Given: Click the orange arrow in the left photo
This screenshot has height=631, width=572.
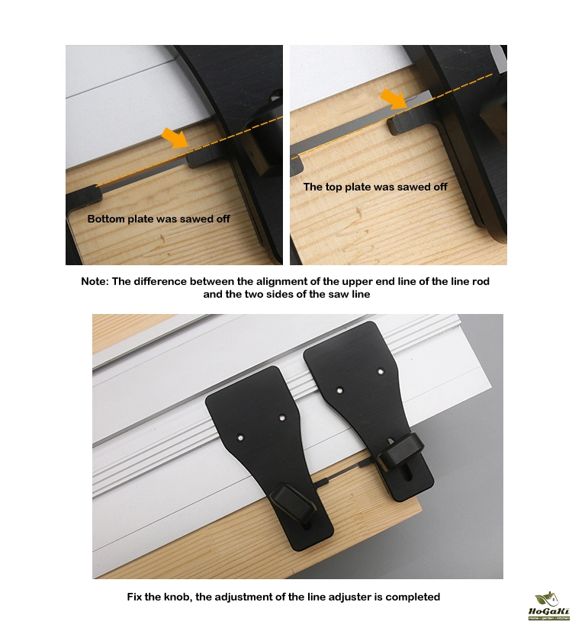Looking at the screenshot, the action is click(x=175, y=138).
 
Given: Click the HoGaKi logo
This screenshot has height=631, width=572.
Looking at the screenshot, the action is click(x=549, y=607).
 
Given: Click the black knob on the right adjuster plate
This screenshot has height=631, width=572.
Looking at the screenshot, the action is click(x=399, y=450).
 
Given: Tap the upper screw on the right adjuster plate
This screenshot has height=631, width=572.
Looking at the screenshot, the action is click(x=381, y=372).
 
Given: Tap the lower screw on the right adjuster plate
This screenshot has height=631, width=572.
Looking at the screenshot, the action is click(x=339, y=390).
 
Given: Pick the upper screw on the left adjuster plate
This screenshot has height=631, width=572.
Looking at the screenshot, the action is click(x=282, y=418).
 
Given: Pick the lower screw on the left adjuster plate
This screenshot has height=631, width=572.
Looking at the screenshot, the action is click(x=240, y=437).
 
